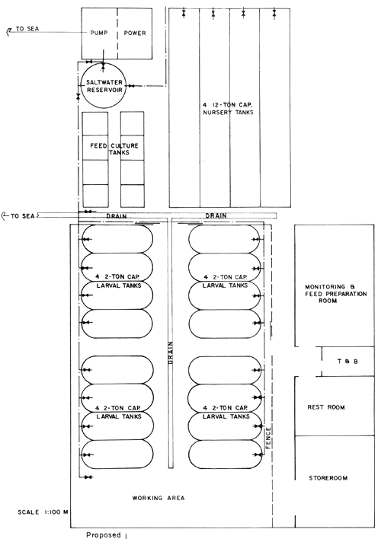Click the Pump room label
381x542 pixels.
[99, 33]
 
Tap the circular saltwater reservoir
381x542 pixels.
[107, 88]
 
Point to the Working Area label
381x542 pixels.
[153, 499]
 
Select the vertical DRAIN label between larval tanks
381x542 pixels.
[171, 350]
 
